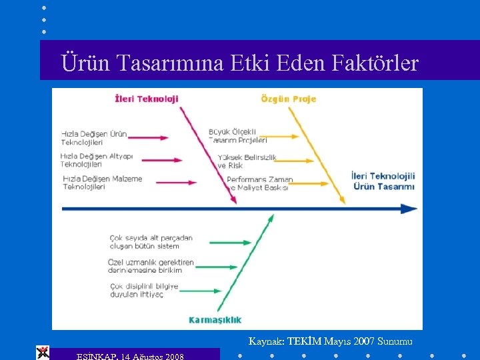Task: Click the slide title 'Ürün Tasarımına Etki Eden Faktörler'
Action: pos(239,63)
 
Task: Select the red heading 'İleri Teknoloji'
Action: pos(147,99)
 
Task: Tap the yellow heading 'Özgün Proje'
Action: pos(288,99)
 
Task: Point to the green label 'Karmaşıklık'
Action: pos(215,319)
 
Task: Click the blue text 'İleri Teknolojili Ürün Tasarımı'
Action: pos(383,181)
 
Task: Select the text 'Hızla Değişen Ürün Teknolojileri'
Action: pos(93,138)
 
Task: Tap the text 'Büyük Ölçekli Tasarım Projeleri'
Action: pos(237,136)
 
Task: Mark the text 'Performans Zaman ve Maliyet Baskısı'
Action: pos(259,183)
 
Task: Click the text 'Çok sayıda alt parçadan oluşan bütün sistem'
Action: pos(151,241)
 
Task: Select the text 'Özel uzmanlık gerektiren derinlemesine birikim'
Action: pos(151,267)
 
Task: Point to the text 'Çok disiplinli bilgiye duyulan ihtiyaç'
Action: pos(144,290)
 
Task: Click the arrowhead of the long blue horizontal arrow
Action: pos(411,209)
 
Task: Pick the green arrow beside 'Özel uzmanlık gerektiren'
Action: pos(216,267)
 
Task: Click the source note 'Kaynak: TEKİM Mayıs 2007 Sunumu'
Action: pos(331,341)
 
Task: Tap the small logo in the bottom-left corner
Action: pos(43,353)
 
